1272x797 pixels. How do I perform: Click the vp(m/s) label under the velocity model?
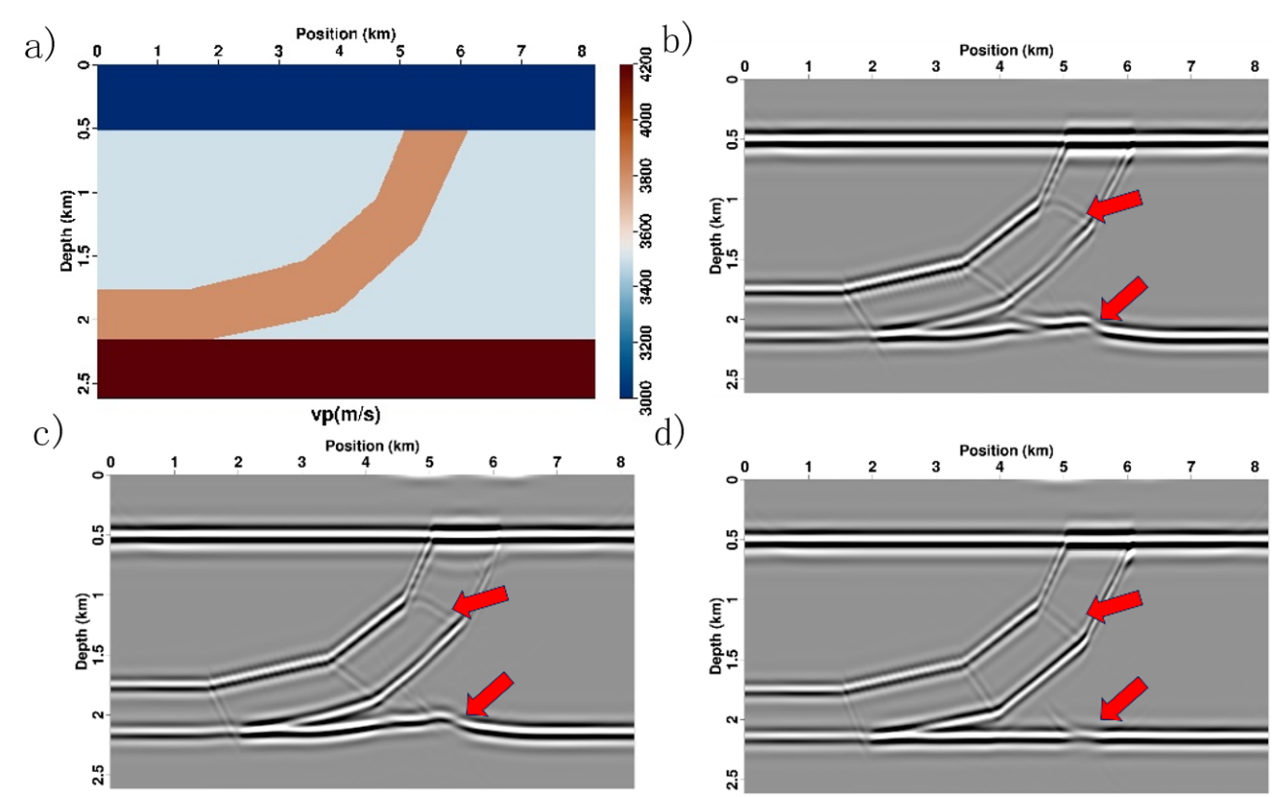pyautogui.click(x=345, y=415)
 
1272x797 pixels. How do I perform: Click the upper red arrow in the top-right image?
pyautogui.click(x=1114, y=205)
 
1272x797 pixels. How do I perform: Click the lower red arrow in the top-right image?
pyautogui.click(x=1123, y=299)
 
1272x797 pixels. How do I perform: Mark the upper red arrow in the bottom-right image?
pyautogui.click(x=1114, y=605)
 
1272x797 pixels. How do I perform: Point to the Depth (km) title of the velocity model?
pyautogui.click(x=69, y=230)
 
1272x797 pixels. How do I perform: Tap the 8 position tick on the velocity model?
pyautogui.click(x=582, y=51)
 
